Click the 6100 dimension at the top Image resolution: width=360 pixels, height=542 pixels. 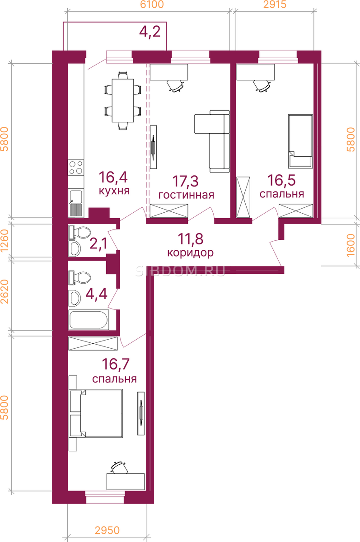point(152,5)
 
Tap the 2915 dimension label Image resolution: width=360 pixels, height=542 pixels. point(275,5)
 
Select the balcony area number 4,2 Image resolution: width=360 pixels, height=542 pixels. point(150,32)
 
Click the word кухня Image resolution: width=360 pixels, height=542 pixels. point(114,191)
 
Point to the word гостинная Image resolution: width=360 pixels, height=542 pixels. point(186,195)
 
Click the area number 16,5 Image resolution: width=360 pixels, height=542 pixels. point(281,181)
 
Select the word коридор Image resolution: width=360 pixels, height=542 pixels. point(191,253)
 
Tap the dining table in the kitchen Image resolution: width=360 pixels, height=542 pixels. point(123,101)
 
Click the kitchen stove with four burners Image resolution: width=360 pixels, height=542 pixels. point(76,168)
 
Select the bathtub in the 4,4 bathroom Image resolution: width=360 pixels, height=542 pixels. point(89,320)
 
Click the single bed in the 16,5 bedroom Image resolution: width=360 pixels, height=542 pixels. point(300,141)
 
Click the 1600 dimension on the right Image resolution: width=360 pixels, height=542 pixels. point(351,245)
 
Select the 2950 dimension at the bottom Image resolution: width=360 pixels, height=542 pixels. point(107,530)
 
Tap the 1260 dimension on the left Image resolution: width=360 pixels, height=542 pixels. point(5,241)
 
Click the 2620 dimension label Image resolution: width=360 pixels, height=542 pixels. point(5,292)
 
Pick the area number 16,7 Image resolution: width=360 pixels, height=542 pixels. point(116,364)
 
